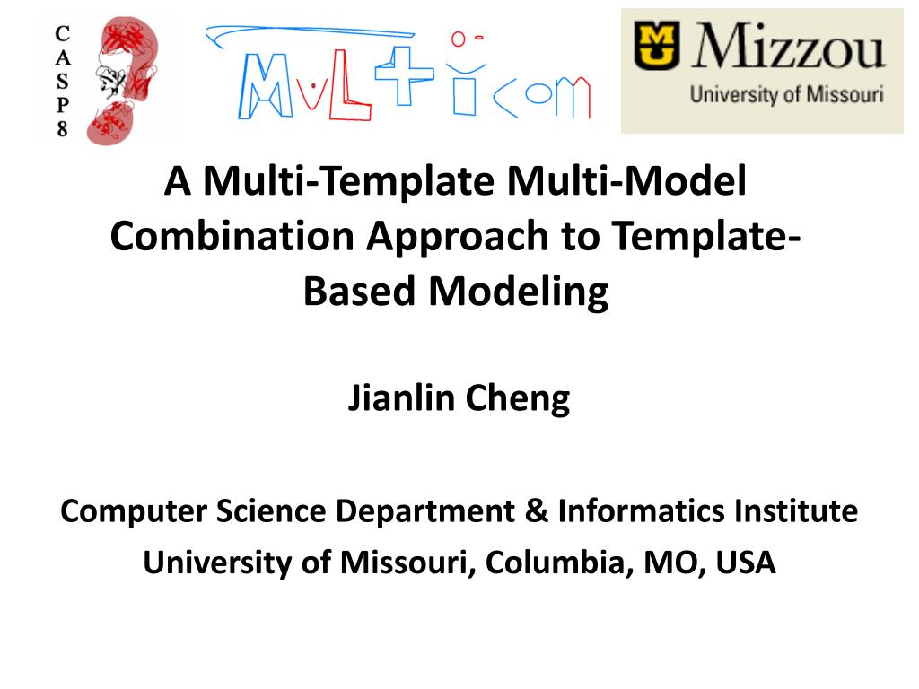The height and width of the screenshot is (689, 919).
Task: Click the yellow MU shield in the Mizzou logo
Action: (x=656, y=46)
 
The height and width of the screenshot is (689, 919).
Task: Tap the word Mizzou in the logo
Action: (x=789, y=46)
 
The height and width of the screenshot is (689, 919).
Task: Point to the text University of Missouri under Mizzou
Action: (x=786, y=94)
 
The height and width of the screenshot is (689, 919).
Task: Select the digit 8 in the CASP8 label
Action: (x=62, y=128)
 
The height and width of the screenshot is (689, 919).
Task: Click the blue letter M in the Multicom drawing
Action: (x=265, y=86)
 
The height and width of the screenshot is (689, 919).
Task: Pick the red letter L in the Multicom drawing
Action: (x=349, y=85)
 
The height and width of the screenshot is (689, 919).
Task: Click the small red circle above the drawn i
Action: (x=458, y=39)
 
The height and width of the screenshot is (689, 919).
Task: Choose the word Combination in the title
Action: (x=232, y=236)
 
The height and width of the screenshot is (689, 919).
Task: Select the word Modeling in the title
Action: (x=519, y=292)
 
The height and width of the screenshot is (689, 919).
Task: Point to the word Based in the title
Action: (x=359, y=291)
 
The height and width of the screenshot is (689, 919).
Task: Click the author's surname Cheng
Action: (x=518, y=399)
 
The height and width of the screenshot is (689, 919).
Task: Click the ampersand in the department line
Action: (x=537, y=510)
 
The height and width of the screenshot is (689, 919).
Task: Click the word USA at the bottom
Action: (x=746, y=563)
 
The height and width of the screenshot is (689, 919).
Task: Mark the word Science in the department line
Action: (x=271, y=510)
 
